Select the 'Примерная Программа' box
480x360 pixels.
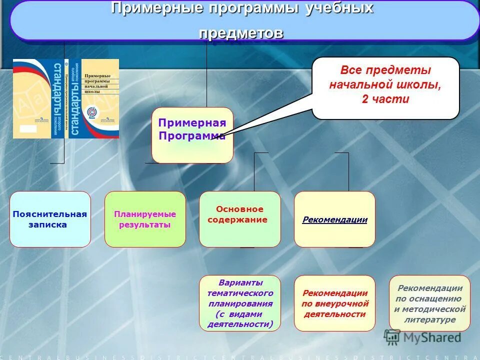192,134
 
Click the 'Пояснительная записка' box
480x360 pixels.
50,219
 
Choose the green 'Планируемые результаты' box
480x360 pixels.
145,219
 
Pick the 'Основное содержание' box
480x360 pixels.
239,218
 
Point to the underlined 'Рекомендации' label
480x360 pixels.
334,219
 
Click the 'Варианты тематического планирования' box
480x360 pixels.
240,303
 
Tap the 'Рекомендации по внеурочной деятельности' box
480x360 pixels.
334,303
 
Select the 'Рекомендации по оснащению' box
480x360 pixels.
429,303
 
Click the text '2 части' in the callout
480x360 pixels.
385,99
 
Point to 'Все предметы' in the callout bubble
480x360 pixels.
385,70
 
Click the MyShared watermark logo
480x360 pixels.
423,337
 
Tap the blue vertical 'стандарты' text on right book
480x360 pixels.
74,99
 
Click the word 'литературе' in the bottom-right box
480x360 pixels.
430,319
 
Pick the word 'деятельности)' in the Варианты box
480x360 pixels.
240,324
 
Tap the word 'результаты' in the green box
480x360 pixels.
145,225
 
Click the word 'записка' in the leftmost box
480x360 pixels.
48,225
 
